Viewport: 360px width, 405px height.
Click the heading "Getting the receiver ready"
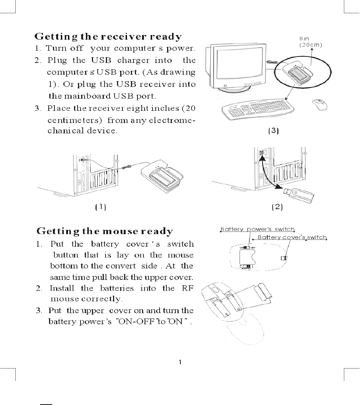point(108,37)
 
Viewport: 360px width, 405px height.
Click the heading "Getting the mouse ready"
point(105,231)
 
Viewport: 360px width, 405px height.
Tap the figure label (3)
point(273,131)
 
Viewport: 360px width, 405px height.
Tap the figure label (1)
point(100,207)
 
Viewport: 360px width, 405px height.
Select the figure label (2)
point(277,207)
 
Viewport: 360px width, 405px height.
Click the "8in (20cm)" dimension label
point(311,42)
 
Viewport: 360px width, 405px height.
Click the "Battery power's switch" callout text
point(257,229)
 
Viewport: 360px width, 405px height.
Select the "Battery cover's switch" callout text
point(292,237)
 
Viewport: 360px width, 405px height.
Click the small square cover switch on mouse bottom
point(284,258)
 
